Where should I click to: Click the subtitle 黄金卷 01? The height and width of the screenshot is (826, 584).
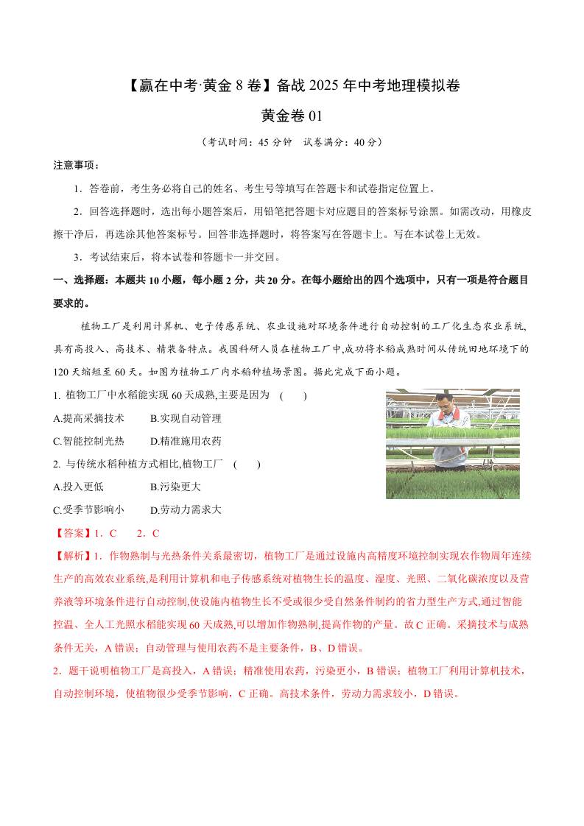click(x=292, y=116)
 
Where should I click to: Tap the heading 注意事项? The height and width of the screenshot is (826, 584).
click(x=77, y=164)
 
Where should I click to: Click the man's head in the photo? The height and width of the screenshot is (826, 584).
click(x=442, y=402)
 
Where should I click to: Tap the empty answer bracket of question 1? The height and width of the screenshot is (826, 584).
click(x=293, y=395)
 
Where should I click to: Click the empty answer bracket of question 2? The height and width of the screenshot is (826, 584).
click(x=246, y=464)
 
